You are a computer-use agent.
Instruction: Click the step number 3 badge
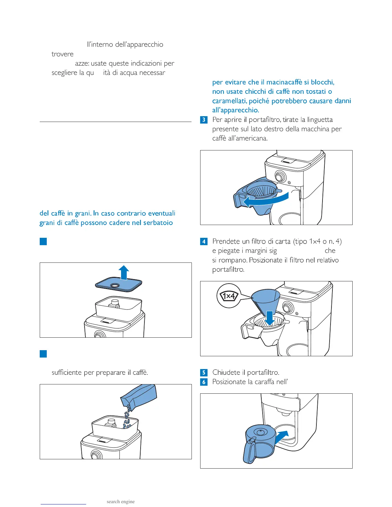tap(204, 120)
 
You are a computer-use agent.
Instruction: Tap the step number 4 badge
tap(204, 242)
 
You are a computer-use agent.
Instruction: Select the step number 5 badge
tap(204, 373)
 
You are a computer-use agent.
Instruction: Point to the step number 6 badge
tap(204, 382)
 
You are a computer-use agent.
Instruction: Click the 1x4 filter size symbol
tap(229, 296)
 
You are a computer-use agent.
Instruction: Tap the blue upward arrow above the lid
tap(124, 272)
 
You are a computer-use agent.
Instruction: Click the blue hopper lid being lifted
tap(118, 285)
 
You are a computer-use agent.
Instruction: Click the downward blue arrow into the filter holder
tap(270, 318)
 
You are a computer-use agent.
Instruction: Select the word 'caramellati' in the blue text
tap(229, 101)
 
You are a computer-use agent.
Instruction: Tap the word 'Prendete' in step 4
tap(226, 241)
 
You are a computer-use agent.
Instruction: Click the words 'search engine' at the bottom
tap(120, 502)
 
